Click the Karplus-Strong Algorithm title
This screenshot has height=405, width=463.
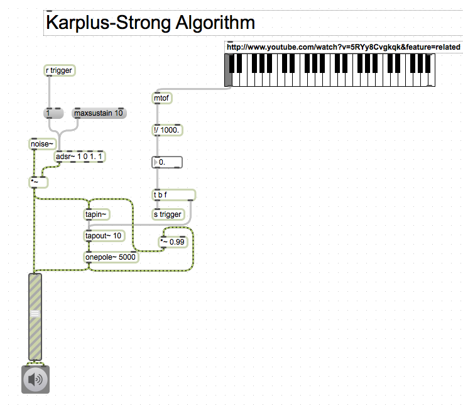point(151,23)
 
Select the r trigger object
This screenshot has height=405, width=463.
point(60,70)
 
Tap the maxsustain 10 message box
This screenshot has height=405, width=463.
point(99,113)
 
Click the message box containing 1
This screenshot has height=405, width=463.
point(54,113)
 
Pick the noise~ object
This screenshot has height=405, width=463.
point(43,145)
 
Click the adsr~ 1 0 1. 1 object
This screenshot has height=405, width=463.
point(80,156)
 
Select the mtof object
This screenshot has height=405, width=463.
point(161,98)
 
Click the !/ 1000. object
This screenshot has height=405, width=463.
point(167,130)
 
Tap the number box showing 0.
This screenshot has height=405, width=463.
point(168,162)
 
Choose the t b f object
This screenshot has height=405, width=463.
point(173,194)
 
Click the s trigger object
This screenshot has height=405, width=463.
point(168,214)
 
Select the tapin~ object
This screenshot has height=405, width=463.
point(97,214)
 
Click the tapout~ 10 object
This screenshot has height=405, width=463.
point(104,236)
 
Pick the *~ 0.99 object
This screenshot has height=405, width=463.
point(173,241)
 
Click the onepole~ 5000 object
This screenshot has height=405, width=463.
point(111,257)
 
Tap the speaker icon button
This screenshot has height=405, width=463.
point(35,379)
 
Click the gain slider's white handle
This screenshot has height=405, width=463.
point(35,313)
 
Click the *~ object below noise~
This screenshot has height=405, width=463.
point(38,182)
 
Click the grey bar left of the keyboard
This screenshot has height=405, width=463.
point(227,70)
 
